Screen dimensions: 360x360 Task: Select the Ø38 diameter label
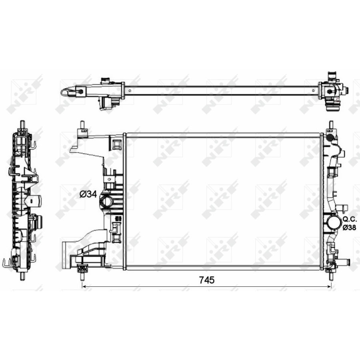[349, 227]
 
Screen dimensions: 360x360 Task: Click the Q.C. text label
[349, 219]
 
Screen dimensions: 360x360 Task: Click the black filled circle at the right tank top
[330, 138]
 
